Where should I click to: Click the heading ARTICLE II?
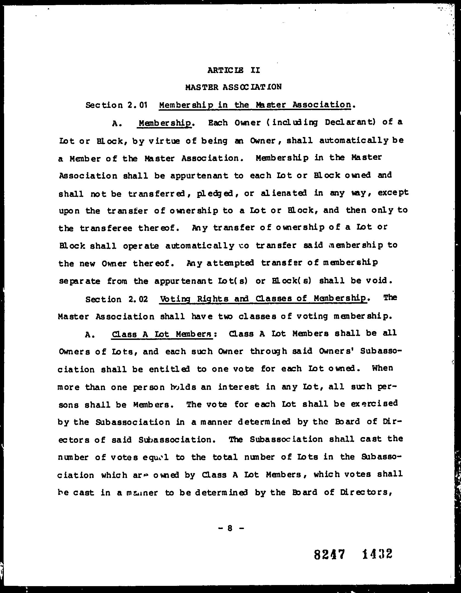click(x=233, y=70)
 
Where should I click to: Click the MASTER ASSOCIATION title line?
click(x=233, y=87)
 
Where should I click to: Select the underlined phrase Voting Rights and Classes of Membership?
click(x=263, y=299)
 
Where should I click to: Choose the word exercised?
click(x=374, y=404)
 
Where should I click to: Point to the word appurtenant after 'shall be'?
click(x=199, y=176)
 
